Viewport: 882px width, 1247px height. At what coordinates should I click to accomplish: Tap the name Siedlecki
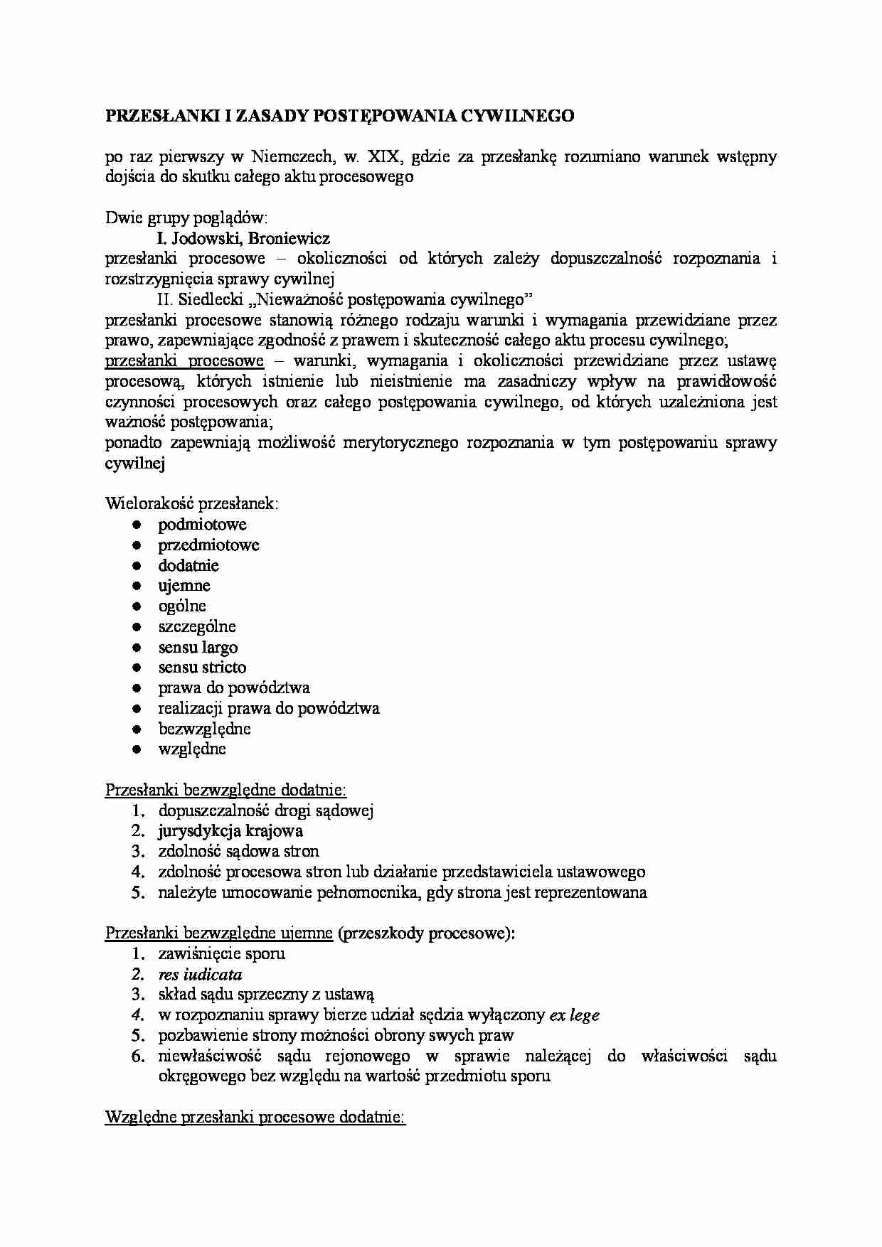tap(208, 299)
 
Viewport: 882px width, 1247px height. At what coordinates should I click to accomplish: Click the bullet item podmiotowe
tap(202, 525)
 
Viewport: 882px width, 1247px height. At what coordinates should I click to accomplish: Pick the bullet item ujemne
tap(184, 586)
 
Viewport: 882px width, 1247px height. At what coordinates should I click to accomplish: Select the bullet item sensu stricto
tap(202, 668)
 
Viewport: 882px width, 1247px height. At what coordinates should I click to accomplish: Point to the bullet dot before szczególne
tap(137, 627)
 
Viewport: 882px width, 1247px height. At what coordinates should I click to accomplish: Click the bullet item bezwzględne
tap(204, 729)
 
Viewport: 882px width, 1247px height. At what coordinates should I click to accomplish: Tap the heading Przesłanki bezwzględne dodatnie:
tap(225, 790)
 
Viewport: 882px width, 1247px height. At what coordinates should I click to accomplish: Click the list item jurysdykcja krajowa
tap(230, 831)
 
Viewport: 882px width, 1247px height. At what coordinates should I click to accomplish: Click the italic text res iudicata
tap(200, 975)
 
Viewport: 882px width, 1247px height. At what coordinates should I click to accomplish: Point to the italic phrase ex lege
tap(574, 1015)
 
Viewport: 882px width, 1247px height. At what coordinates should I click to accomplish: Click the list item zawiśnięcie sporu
tap(221, 954)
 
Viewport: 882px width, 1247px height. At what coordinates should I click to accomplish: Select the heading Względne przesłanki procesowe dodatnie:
tap(255, 1118)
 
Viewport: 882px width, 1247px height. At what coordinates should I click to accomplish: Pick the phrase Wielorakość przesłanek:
tap(192, 504)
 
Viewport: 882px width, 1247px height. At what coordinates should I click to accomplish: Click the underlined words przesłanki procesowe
tap(184, 361)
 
